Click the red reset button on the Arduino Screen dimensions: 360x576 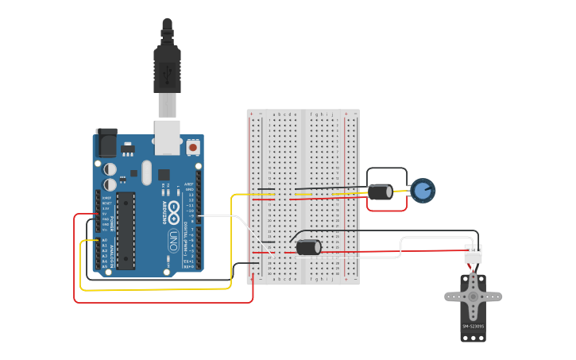(x=192, y=147)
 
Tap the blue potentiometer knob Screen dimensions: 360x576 (x=423, y=191)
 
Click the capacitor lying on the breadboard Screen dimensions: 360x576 (x=308, y=247)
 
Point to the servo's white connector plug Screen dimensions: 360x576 (x=473, y=254)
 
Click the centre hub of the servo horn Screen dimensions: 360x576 (x=473, y=296)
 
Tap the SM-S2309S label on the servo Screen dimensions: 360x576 (x=473, y=326)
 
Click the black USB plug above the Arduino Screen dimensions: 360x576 (x=167, y=68)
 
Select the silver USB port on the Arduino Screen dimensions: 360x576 (x=167, y=137)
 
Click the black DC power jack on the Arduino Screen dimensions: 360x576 (x=106, y=143)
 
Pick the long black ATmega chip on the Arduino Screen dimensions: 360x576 (x=126, y=230)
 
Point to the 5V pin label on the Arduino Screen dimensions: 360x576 (x=105, y=214)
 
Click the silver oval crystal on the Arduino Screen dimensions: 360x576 (x=147, y=172)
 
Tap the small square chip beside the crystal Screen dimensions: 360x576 (x=164, y=174)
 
